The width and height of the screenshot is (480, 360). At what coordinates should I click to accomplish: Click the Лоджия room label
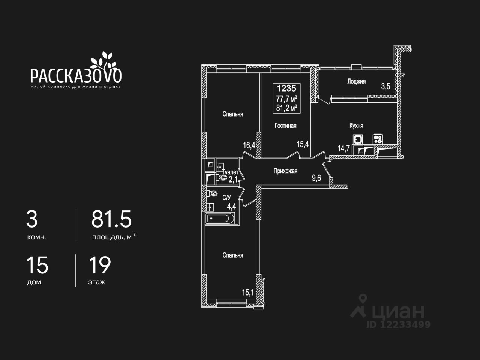(x=356, y=81)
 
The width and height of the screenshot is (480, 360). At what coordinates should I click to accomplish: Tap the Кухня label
(x=356, y=126)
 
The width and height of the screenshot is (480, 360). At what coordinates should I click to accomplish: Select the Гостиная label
(x=285, y=126)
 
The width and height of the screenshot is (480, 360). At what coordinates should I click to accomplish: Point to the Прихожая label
(x=285, y=171)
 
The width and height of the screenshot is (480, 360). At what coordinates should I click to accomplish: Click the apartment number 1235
(x=286, y=88)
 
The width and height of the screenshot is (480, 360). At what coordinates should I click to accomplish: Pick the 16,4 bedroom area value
(x=249, y=145)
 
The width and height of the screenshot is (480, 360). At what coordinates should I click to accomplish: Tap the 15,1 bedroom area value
(x=248, y=292)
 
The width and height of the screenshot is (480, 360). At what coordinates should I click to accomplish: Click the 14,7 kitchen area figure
(x=343, y=148)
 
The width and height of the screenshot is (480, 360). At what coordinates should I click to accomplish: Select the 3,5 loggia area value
(x=385, y=86)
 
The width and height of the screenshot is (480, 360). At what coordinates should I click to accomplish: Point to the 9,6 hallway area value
(x=316, y=178)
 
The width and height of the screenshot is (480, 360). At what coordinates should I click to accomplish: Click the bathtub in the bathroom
(x=220, y=218)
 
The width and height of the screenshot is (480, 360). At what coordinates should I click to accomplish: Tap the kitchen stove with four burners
(x=377, y=139)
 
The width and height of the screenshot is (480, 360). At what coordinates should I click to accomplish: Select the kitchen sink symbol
(x=358, y=139)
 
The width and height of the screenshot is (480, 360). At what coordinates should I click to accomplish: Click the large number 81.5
(x=111, y=219)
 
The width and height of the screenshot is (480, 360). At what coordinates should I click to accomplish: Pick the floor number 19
(x=100, y=265)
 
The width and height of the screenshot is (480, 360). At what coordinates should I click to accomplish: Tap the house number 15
(x=37, y=265)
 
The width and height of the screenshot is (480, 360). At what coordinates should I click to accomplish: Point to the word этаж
(x=96, y=282)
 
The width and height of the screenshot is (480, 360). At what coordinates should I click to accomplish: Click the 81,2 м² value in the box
(x=286, y=108)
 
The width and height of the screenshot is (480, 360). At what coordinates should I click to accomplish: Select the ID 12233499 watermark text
(x=398, y=324)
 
